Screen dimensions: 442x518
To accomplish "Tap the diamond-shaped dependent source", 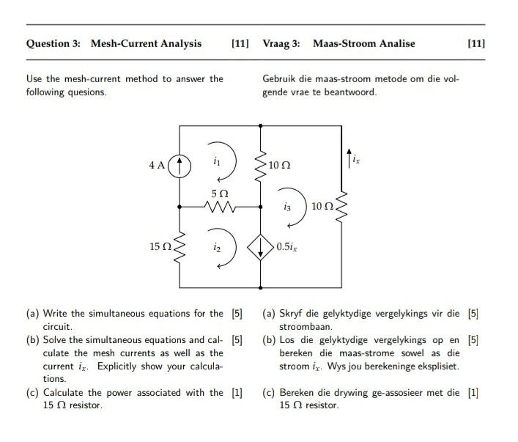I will click(x=261, y=248).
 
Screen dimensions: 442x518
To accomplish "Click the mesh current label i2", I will click(x=217, y=248).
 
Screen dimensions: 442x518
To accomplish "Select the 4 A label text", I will click(x=157, y=166).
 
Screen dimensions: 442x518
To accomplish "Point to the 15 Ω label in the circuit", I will click(x=158, y=248).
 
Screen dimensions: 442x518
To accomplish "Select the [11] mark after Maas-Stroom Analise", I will click(x=476, y=43).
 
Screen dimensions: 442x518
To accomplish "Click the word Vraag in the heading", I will click(x=276, y=43).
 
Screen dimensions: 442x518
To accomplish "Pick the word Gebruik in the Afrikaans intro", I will click(x=279, y=78).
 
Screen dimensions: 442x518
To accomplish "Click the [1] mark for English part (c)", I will click(x=237, y=392).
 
